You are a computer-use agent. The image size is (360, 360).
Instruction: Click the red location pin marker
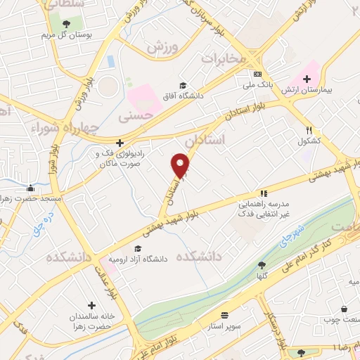coord(181,165)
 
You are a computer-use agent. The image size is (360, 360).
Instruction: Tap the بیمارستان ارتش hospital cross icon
coord(307,78)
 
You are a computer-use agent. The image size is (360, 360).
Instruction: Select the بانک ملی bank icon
coord(258,74)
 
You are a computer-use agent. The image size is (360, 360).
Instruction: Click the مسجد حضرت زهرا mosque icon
coord(30,188)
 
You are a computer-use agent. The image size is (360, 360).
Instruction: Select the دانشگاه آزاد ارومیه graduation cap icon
coord(137,248)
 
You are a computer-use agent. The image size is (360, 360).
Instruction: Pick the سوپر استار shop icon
coord(224,316)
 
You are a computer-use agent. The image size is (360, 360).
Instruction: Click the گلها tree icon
coord(262,265)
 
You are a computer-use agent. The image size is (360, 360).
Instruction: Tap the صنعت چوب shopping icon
coord(344,309)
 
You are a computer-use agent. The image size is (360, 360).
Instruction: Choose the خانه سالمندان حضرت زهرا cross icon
coord(91,304)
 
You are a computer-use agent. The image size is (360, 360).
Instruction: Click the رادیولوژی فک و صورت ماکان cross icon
coord(120,143)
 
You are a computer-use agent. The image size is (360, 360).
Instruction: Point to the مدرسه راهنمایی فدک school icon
coord(264,193)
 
